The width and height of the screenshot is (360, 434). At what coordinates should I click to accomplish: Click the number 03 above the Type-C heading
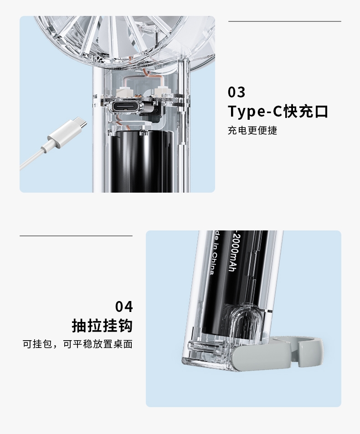237,92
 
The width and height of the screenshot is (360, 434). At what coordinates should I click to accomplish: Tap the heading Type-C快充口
278,111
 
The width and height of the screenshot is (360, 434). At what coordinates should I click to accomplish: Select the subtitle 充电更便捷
252,130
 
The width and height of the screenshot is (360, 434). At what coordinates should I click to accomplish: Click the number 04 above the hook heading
124,306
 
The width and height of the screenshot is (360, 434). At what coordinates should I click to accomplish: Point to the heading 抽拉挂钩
102,325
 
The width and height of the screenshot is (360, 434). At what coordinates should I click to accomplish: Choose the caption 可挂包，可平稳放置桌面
77,344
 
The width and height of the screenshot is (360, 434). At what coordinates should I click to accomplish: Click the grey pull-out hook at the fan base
277,353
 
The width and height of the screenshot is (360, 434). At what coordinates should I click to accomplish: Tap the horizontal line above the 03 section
285,21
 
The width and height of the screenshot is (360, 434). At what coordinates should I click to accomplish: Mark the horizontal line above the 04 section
76,236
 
